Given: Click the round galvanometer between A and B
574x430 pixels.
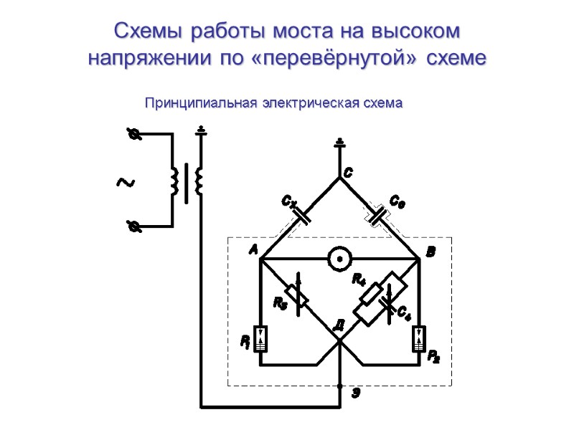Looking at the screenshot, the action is tap(339, 258).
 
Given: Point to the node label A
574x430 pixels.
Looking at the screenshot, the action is tap(253, 250).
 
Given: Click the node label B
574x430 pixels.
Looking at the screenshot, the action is tap(430, 252).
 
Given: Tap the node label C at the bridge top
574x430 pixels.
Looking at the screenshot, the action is tap(347, 173).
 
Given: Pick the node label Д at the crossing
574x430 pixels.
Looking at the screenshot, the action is tap(339, 325).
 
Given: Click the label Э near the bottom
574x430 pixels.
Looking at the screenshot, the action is tap(354, 393).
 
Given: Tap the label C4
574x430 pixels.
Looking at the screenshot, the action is tap(403, 312).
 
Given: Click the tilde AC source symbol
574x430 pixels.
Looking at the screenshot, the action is tap(125, 183).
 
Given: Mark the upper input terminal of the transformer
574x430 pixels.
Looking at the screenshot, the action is tap(132, 134).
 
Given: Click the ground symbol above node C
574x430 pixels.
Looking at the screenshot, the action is tap(340, 144).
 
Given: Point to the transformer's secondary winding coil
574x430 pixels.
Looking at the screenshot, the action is tap(199, 181).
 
